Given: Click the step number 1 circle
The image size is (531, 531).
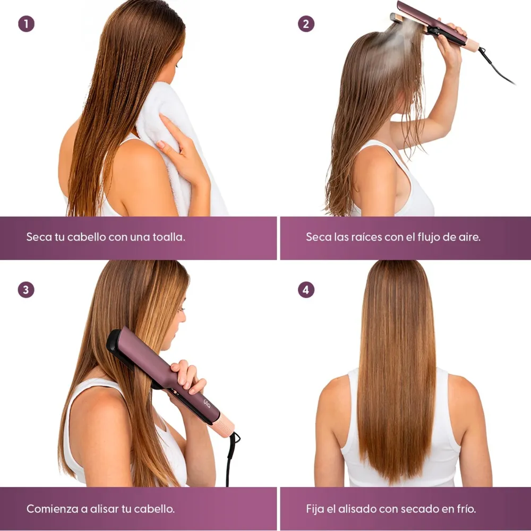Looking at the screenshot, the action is [26, 24].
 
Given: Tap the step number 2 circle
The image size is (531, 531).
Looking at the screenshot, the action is [306, 24].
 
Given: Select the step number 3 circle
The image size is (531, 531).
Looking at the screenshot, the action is [26, 290].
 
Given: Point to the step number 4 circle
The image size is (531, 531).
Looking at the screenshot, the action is [306, 290].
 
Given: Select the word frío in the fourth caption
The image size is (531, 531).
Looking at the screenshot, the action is [467, 509].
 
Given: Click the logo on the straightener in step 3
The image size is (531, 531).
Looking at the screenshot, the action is [207, 404].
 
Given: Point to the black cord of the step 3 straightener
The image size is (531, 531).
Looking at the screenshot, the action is [232, 458].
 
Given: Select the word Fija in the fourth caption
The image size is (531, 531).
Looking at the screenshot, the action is [315, 509].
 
